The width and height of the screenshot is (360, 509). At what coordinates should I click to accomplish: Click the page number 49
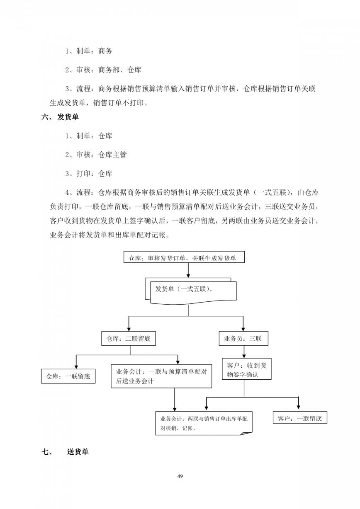pyautogui.click(x=180, y=476)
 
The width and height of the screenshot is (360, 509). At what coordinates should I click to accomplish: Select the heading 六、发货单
pyautogui.click(x=60, y=117)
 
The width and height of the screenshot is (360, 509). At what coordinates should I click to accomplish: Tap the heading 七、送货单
pyautogui.click(x=65, y=451)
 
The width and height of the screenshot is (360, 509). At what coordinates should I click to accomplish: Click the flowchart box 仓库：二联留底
pyautogui.click(x=129, y=339)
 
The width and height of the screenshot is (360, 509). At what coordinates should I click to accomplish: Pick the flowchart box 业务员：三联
pyautogui.click(x=243, y=339)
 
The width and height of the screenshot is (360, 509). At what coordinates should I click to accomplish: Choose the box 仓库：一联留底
pyautogui.click(x=68, y=376)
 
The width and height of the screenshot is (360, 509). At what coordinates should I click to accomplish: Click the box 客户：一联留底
pyautogui.click(x=300, y=418)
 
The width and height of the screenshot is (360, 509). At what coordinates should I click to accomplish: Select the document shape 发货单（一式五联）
pyautogui.click(x=190, y=291)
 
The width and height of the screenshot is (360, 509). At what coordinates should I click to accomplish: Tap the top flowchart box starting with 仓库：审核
pyautogui.click(x=184, y=257)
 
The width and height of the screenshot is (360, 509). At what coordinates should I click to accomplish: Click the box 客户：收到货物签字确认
pyautogui.click(x=246, y=369)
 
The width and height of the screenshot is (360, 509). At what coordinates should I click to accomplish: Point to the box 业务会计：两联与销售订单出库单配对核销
pyautogui.click(x=204, y=423)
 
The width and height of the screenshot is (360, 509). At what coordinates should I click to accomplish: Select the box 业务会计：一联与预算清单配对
pyautogui.click(x=161, y=376)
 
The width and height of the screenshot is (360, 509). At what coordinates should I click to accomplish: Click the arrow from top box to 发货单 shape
pyautogui.click(x=188, y=270)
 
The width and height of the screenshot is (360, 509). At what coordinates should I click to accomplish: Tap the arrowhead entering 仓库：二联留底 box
pyautogui.click(x=129, y=329)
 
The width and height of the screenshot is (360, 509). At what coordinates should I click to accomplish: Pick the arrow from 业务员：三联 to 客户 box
pyautogui.click(x=244, y=352)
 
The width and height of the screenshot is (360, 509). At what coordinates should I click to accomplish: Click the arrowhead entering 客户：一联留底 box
pyautogui.click(x=298, y=409)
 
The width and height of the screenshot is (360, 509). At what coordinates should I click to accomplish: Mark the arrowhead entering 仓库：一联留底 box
pyautogui.click(x=76, y=367)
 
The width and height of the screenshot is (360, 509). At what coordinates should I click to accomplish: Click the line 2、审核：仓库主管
pyautogui.click(x=96, y=155)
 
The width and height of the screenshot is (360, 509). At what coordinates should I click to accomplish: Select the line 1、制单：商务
pyautogui.click(x=89, y=51)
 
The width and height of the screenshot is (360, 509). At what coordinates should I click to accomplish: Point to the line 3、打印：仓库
pyautogui.click(x=89, y=174)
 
